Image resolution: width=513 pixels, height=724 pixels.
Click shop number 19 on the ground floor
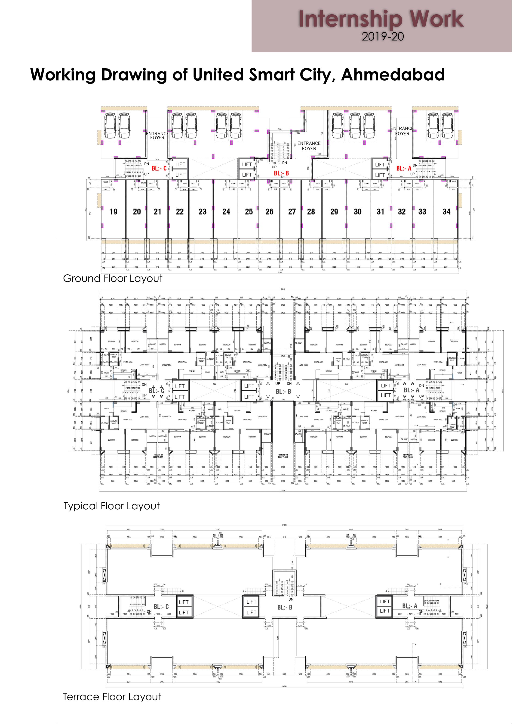114,212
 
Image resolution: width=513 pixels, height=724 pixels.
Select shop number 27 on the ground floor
292,212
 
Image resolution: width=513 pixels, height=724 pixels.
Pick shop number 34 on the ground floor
446,212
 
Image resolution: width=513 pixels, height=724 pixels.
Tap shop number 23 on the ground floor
203,212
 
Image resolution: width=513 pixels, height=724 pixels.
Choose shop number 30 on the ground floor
358,212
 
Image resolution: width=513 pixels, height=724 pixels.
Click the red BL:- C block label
159,168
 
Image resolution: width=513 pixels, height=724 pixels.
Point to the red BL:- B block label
281,173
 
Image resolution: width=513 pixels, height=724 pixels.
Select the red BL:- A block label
404,168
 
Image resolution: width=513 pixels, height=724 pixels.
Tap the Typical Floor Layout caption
111,506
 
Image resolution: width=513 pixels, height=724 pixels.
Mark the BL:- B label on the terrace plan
285,607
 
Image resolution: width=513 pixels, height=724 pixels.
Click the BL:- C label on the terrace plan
161,607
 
